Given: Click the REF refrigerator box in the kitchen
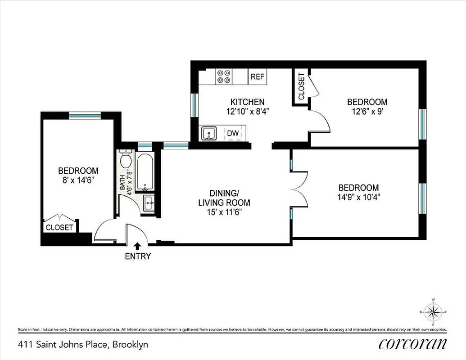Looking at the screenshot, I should coord(258,77).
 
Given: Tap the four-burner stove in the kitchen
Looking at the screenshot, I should coord(224,76).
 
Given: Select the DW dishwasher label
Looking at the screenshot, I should coord(233,133).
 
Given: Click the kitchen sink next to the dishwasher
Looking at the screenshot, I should coord(208,134).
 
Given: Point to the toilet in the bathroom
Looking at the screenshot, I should coord(126,160).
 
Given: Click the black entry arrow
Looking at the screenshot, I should coord(138,246).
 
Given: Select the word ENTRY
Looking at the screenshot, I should coord(138,257).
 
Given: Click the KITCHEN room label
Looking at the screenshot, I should coord(247,102).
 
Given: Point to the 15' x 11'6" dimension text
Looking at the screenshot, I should coord(224,212).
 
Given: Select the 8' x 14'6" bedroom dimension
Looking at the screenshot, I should coord(78,180).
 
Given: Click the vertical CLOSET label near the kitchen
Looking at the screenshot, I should coord(301,86).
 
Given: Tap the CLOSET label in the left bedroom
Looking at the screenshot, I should coord(59,228).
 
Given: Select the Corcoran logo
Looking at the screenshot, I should coord(413,344).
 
